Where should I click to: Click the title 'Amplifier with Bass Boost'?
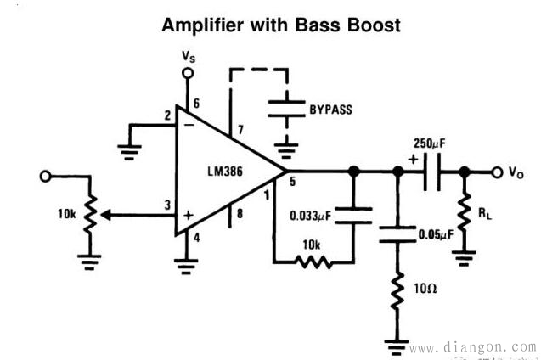click(279, 25)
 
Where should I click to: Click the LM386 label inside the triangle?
click(226, 172)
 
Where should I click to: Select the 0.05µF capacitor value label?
click(433, 234)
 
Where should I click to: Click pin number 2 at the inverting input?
click(166, 115)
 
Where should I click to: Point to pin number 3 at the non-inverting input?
click(167, 204)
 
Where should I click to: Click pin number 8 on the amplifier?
click(240, 213)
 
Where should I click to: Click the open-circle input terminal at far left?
click(46, 176)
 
